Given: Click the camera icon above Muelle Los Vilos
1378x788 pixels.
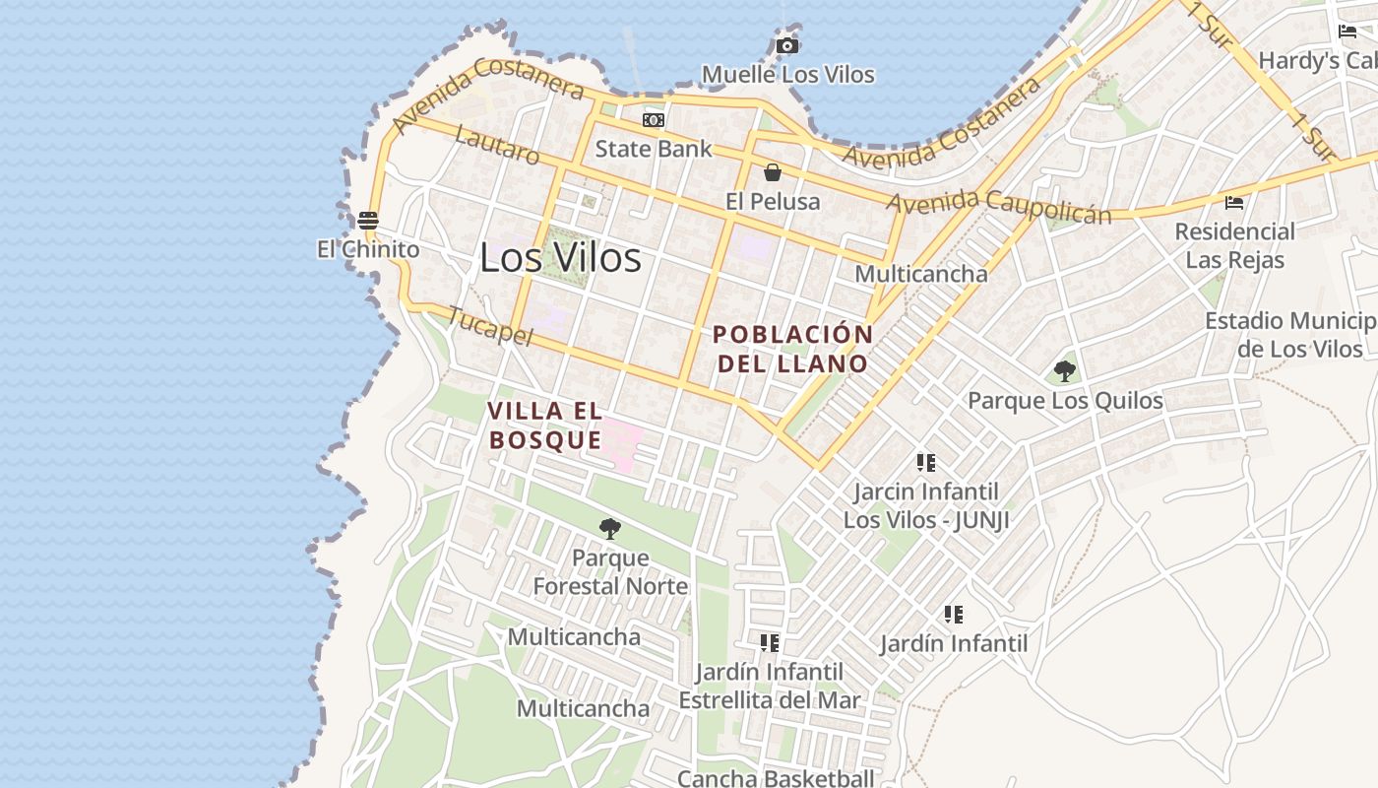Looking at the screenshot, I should (786, 45).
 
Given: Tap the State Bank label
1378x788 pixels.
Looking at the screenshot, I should (654, 149).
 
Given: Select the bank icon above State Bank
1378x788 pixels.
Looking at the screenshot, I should (654, 120).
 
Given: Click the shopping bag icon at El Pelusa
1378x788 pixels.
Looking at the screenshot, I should (773, 173).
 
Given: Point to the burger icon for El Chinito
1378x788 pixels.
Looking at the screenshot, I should (368, 220).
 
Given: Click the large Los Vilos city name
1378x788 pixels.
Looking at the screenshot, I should (560, 258).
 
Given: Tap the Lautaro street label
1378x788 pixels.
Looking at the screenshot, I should (498, 146).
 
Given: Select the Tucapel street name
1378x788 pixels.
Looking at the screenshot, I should (489, 326).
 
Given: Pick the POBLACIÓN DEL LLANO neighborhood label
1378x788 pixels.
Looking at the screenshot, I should (793, 349).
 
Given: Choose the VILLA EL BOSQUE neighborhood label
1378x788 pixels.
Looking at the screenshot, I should (545, 426).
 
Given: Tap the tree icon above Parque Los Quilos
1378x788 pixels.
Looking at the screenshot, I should (1064, 371).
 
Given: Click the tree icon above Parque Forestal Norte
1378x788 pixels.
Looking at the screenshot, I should (610, 529).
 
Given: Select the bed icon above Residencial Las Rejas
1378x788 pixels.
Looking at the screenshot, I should (1234, 203).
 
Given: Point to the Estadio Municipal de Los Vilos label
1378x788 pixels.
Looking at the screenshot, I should (1290, 335).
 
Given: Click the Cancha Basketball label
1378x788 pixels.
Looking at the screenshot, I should (776, 778).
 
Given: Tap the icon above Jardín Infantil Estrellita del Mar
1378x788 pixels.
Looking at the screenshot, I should (770, 643).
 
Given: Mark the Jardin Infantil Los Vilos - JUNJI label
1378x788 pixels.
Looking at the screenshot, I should (926, 505).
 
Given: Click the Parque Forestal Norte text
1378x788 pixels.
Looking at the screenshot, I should (610, 572).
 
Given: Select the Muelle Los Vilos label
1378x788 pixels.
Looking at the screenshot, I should (787, 74).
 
